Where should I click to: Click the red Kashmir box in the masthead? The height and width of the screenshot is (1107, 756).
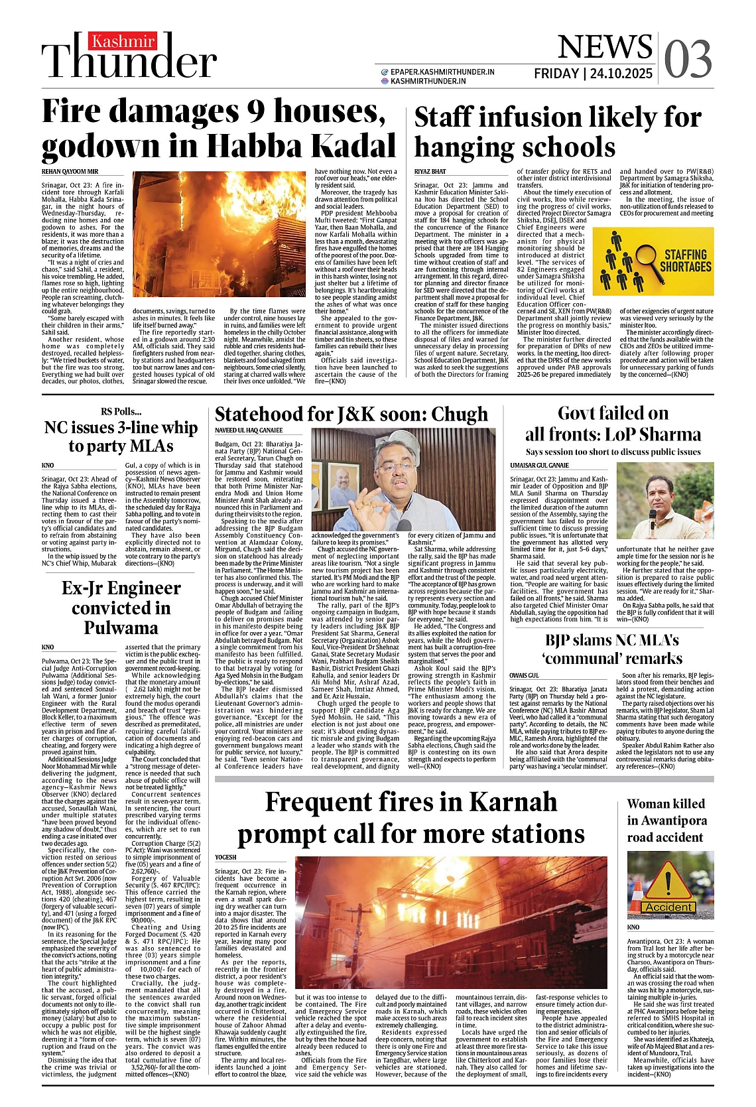(123, 42)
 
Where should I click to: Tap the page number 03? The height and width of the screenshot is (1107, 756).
(688, 59)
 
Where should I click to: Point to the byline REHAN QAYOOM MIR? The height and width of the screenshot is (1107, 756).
(70, 171)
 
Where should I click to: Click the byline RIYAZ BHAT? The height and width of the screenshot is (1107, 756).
(430, 171)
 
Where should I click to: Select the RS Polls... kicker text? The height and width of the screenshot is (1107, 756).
(121, 411)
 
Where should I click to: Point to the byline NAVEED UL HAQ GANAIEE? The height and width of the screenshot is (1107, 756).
(249, 430)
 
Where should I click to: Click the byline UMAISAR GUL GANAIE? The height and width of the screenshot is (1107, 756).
(539, 466)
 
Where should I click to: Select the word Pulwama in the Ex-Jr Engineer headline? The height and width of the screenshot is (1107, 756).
(121, 627)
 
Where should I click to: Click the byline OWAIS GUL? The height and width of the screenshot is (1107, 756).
(524, 675)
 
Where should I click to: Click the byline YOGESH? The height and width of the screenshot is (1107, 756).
(225, 857)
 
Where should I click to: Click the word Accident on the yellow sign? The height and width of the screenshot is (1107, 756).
(669, 907)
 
